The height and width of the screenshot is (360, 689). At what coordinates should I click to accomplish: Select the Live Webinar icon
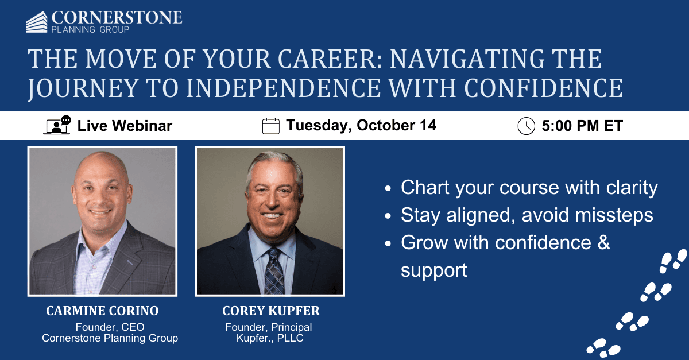57,125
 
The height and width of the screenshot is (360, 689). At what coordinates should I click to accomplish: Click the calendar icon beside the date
270,125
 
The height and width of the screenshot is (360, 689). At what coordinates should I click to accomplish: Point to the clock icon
526,126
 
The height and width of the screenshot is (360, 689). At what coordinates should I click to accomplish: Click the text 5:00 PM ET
582,126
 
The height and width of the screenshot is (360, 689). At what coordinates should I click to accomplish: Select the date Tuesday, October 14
361,125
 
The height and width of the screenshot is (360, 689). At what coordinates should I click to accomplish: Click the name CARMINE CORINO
102,311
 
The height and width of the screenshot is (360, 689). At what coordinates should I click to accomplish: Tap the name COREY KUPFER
270,311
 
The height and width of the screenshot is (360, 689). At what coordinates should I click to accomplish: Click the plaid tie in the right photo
273,269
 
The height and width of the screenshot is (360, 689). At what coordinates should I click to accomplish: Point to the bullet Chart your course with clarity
529,188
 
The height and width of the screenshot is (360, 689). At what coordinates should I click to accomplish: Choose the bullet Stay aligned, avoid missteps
527,215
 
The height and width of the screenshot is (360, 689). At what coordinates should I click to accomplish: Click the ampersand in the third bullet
603,242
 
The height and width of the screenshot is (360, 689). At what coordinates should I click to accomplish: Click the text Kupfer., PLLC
270,338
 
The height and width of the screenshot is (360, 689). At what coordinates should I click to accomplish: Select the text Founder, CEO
110,327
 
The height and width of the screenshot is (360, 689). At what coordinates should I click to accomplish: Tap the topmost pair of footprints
673,261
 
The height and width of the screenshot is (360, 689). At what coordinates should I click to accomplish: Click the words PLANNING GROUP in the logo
90,29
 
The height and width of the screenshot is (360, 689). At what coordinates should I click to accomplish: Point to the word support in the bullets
433,269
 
